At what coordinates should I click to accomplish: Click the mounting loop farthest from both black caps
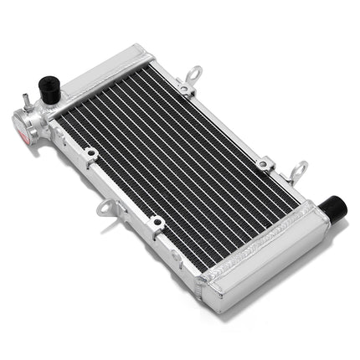(x=193, y=75)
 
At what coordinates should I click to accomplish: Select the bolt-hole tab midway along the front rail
(x=157, y=223)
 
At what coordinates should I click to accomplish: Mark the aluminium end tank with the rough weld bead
(x=268, y=260)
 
